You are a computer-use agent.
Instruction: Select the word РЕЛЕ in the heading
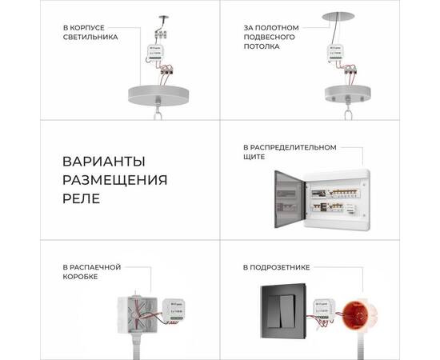click(81, 198)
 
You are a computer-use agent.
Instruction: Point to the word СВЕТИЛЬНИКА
click(90, 37)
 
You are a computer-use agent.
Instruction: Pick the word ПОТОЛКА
click(263, 46)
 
